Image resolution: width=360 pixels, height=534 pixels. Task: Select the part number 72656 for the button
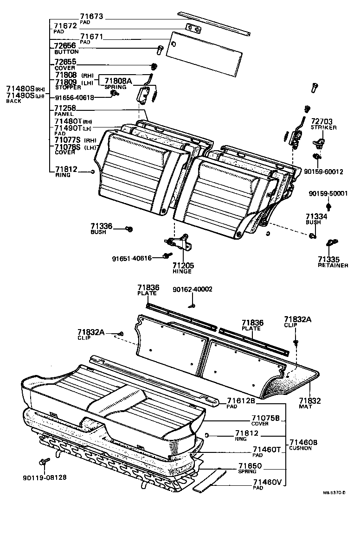coord(65,46)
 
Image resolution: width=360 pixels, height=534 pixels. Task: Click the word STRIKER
coord(323,127)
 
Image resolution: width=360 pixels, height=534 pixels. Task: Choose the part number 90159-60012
coord(327,172)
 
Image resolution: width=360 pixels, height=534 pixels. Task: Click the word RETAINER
coord(333,265)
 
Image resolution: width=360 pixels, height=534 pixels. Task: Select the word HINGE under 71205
coord(182,271)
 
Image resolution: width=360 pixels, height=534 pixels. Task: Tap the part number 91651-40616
coord(132,258)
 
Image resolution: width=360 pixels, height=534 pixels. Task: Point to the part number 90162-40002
coord(192,289)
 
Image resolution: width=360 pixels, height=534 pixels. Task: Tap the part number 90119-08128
coord(44,477)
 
